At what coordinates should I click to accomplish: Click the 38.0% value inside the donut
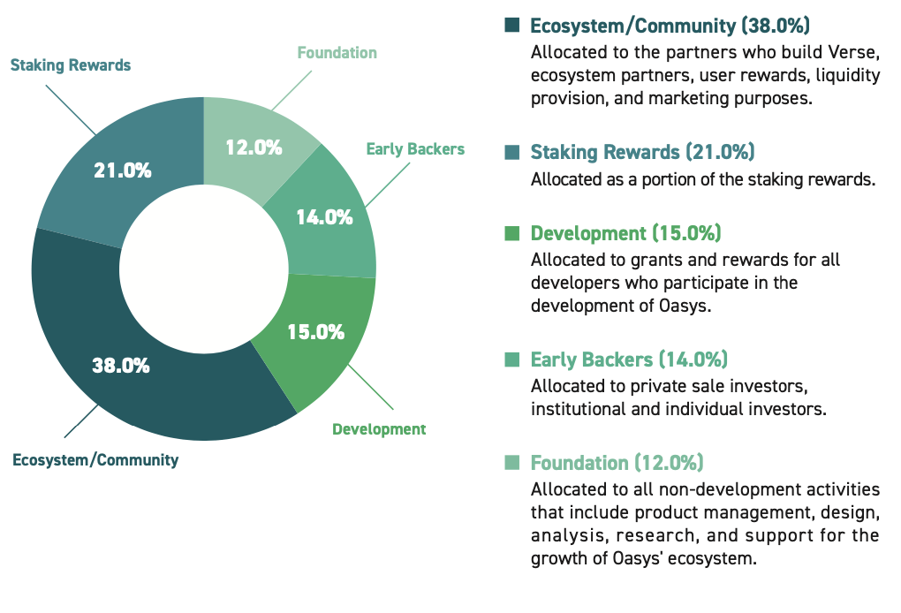click(x=121, y=365)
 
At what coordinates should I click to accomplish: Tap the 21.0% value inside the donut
click(x=123, y=170)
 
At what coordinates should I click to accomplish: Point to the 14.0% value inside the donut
click(x=324, y=216)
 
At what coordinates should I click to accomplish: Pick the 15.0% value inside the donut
click(x=315, y=332)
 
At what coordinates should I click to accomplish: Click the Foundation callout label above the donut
click(x=337, y=53)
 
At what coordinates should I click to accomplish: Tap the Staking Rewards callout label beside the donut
click(x=71, y=65)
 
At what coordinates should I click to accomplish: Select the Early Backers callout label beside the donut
click(x=415, y=149)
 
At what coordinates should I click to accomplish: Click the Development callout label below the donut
click(x=379, y=429)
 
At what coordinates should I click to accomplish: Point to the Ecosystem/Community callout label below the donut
click(x=95, y=459)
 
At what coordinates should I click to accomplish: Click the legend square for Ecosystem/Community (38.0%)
click(x=511, y=26)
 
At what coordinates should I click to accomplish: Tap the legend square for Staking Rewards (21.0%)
click(x=511, y=153)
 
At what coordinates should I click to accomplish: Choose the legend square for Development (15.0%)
click(x=511, y=234)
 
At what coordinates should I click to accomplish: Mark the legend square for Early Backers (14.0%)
click(x=511, y=360)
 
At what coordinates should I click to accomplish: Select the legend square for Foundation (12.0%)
click(x=511, y=463)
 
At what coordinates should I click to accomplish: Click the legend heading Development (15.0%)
click(x=625, y=234)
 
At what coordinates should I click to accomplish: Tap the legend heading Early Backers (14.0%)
click(x=628, y=360)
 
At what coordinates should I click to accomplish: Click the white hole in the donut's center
click(x=204, y=269)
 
